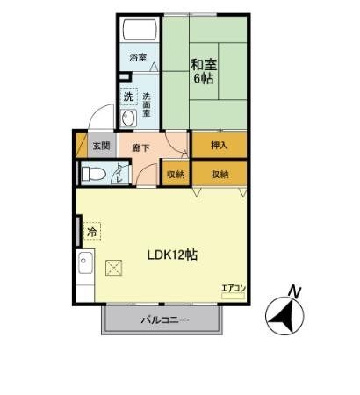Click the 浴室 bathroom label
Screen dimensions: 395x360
[138, 58]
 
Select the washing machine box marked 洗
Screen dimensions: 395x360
[128, 96]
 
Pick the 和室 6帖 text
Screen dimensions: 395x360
[205, 69]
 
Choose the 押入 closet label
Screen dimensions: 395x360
[220, 146]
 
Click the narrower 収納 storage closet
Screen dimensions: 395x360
[176, 174]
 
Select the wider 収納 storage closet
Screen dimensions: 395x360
[220, 174]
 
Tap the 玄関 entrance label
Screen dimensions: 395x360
[101, 146]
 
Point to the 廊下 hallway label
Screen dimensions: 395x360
[140, 149]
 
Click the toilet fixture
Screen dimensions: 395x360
[93, 174]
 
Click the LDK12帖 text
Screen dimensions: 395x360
[171, 255]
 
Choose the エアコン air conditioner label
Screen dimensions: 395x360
[233, 287]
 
